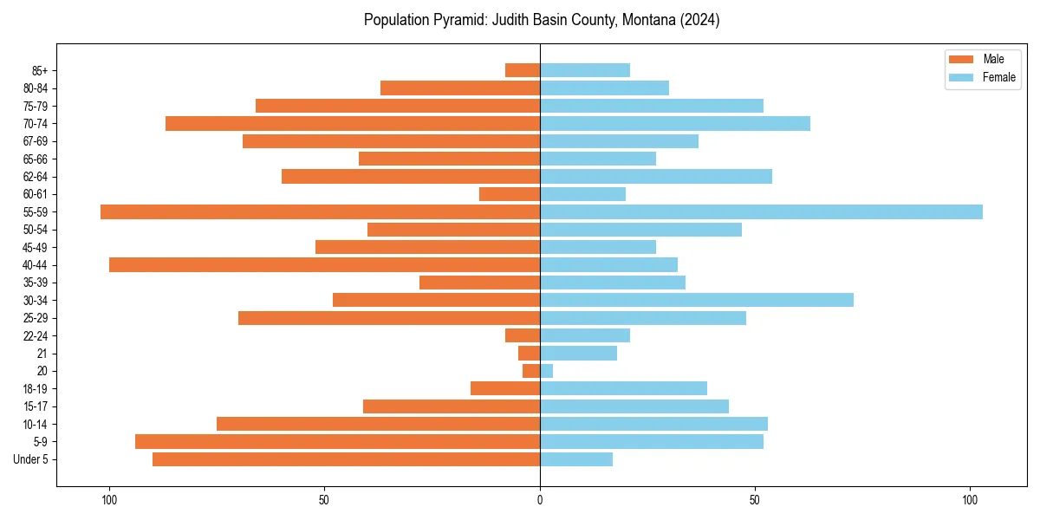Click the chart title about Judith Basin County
(x=542, y=20)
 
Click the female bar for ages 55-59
(x=761, y=212)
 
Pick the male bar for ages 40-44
(x=325, y=265)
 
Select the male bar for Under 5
(x=347, y=459)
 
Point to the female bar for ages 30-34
(x=697, y=300)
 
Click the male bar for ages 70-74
(x=353, y=124)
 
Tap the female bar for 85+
(x=585, y=70)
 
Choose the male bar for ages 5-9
(x=338, y=442)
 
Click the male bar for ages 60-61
(x=510, y=194)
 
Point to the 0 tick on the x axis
(x=540, y=500)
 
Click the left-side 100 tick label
(x=109, y=500)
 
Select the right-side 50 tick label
(x=755, y=500)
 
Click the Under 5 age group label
(x=30, y=459)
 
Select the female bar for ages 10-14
(x=653, y=424)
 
